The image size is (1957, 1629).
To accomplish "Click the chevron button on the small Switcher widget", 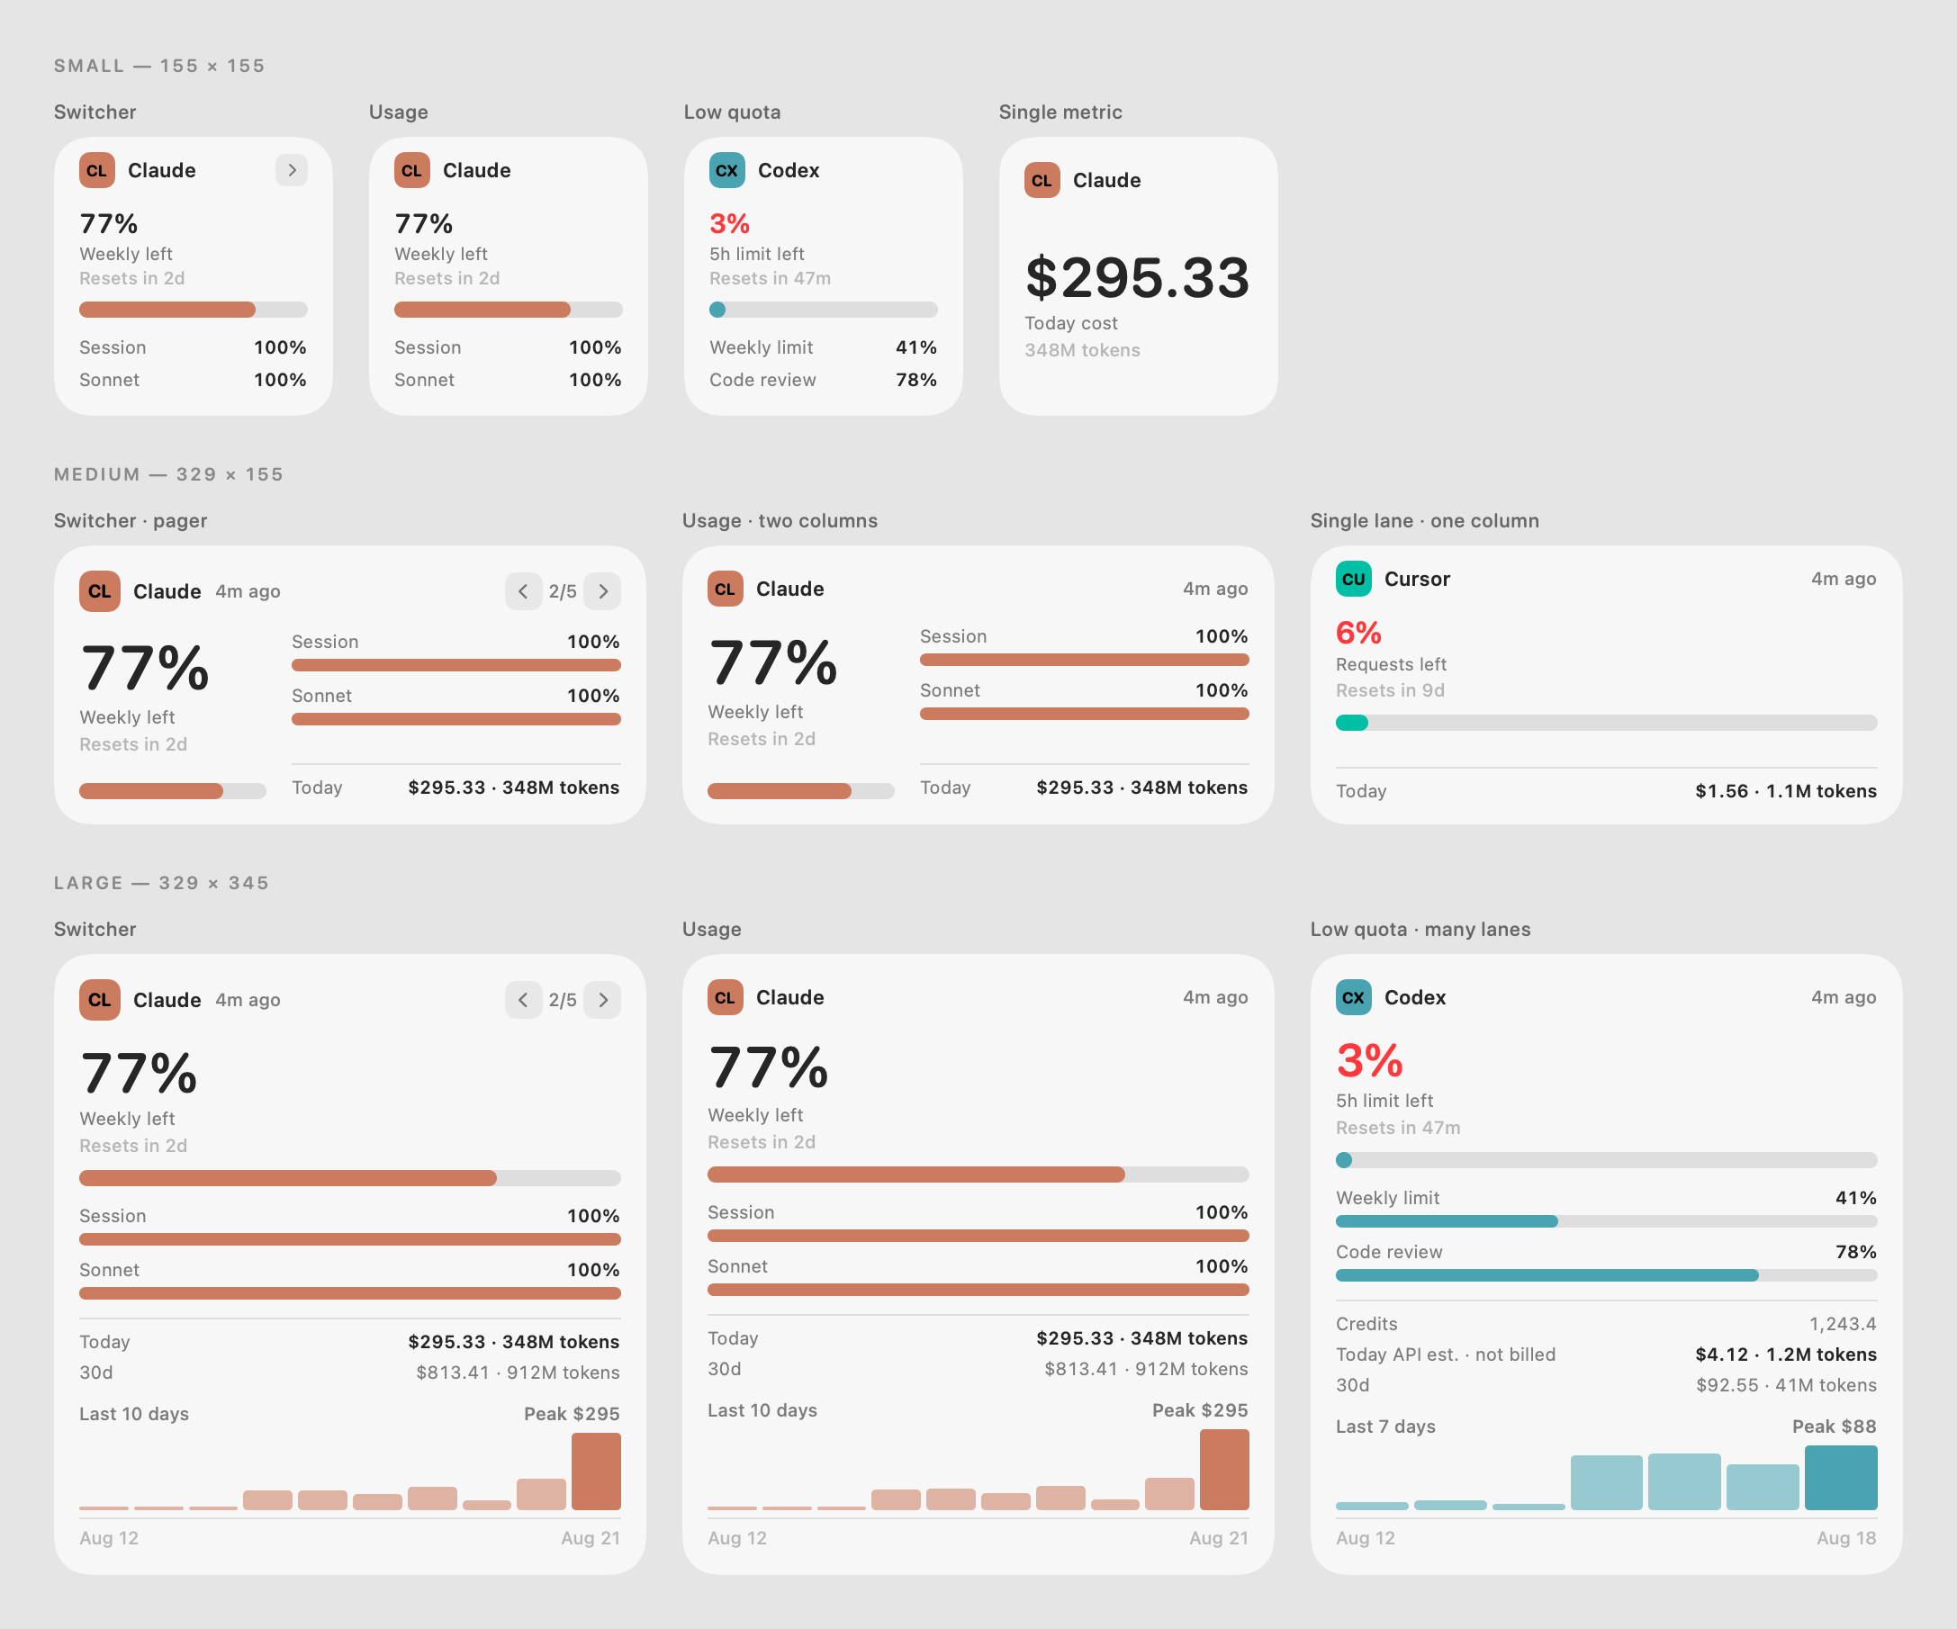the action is [x=292, y=169].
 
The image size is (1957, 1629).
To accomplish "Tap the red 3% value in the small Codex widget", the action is [x=730, y=224].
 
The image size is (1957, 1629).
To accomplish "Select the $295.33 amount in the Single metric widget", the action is [x=1137, y=278].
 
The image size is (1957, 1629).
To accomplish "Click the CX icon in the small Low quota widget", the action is [x=726, y=170].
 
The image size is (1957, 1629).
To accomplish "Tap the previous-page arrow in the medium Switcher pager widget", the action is [x=523, y=590].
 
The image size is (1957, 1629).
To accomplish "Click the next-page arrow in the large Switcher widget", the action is [x=603, y=1000].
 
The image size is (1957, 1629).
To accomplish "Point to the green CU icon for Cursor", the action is [x=1354, y=579].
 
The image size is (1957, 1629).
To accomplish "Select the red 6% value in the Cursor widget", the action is [x=1358, y=633].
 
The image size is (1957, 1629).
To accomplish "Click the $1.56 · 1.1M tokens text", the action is [x=1786, y=791].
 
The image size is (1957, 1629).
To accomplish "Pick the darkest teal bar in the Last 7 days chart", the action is [x=1841, y=1478].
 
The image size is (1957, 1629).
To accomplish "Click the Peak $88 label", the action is [x=1834, y=1426].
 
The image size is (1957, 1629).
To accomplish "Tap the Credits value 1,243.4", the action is [x=1843, y=1324].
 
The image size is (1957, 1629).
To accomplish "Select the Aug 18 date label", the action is [x=1846, y=1539].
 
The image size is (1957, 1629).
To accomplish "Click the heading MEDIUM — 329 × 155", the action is [x=168, y=474].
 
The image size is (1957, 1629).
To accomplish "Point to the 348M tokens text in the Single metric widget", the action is [x=1082, y=350].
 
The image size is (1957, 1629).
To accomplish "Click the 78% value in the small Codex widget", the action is [x=916, y=380].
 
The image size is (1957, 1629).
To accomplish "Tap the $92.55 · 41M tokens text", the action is [x=1787, y=1386].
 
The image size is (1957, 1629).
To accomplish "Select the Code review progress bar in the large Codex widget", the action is [x=1607, y=1276].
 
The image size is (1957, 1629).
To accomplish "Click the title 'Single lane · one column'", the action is [x=1425, y=521].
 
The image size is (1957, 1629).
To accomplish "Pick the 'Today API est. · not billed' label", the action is [x=1446, y=1355].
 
